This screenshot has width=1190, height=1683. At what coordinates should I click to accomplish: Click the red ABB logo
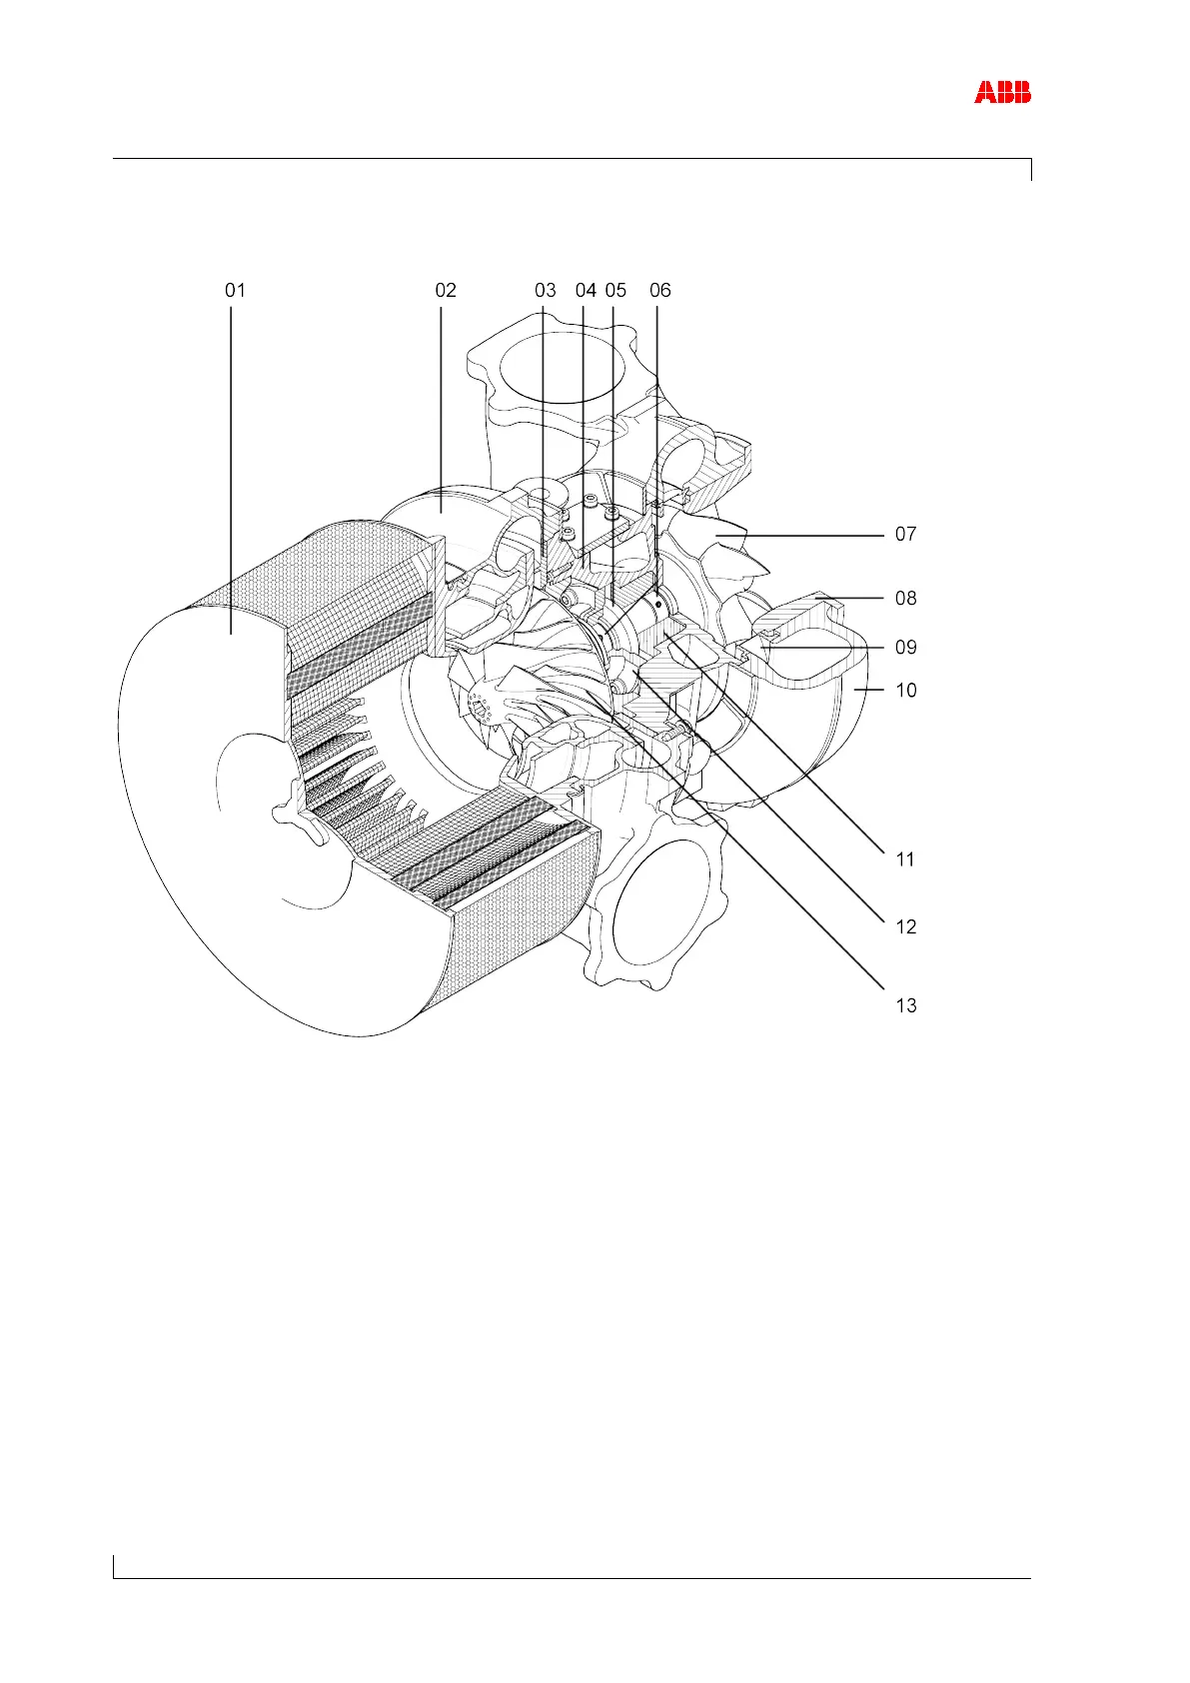[x=1002, y=93]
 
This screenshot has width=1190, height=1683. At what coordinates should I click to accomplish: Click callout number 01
[x=235, y=291]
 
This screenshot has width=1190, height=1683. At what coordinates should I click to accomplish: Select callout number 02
[x=446, y=291]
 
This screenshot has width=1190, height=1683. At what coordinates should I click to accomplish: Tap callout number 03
[x=545, y=291]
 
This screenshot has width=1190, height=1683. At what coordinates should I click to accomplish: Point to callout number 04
[x=586, y=291]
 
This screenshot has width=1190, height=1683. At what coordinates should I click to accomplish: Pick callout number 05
[x=615, y=291]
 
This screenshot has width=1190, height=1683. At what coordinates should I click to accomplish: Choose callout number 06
[x=660, y=291]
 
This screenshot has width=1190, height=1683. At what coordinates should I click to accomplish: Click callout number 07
[x=905, y=535]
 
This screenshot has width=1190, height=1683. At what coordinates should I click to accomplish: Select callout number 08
[x=905, y=599]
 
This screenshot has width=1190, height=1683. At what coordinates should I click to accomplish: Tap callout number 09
[x=905, y=648]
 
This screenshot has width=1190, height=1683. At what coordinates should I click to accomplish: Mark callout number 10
[x=905, y=691]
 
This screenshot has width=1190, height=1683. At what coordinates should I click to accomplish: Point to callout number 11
[x=905, y=859]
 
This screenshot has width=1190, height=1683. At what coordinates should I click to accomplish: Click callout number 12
[x=905, y=927]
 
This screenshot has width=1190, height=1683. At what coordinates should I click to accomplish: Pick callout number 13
[x=905, y=1005]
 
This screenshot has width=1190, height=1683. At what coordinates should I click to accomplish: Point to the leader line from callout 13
[x=759, y=879]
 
